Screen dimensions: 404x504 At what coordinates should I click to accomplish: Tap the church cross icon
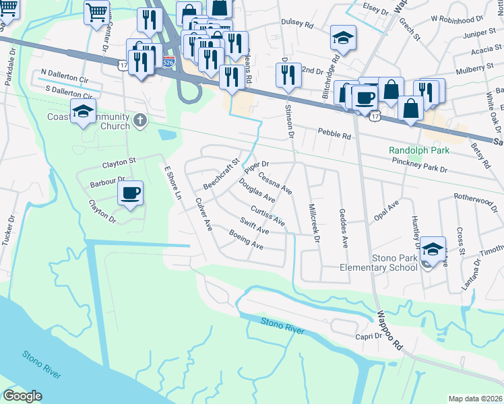139,120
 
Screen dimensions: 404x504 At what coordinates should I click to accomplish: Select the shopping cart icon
97,11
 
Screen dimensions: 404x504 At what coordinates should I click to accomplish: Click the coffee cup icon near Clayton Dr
130,193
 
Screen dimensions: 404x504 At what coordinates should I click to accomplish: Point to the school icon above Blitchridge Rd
343,38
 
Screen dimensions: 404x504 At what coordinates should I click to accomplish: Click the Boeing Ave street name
246,240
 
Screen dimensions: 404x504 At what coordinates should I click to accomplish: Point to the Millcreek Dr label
312,219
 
